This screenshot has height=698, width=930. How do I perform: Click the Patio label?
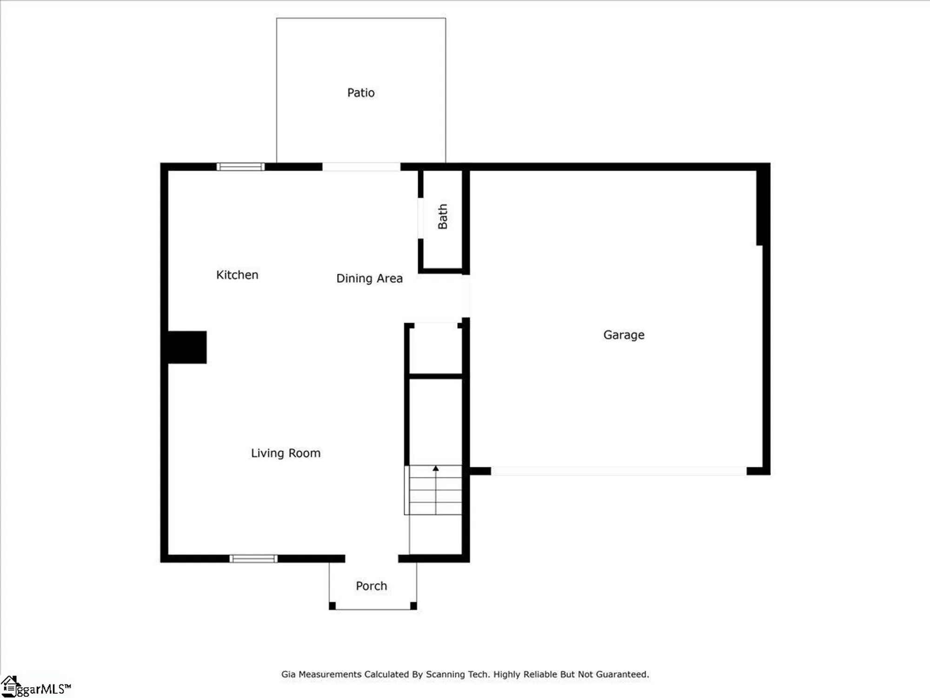click(x=361, y=93)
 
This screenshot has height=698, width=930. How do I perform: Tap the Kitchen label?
click(x=237, y=275)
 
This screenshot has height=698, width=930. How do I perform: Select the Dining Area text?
click(x=369, y=278)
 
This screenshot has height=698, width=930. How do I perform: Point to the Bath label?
click(x=443, y=216)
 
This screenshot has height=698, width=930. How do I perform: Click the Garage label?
click(x=624, y=335)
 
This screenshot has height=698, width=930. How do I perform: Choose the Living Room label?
click(x=286, y=453)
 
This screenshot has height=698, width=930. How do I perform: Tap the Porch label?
click(x=371, y=586)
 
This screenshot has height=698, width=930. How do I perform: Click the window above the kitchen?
click(x=240, y=167)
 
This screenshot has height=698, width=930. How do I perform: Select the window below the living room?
click(x=253, y=558)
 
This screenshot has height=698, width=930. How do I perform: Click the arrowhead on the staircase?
click(x=436, y=469)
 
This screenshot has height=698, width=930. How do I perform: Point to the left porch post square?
click(x=332, y=605)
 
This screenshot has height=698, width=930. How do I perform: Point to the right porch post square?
click(x=413, y=605)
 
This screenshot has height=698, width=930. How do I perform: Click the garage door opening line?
click(x=618, y=471)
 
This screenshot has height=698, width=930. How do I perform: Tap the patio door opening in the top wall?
click(x=361, y=167)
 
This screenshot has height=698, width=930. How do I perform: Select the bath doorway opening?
click(x=420, y=218)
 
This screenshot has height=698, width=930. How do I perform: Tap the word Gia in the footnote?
click(x=288, y=674)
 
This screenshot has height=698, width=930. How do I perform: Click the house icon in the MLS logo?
click(x=9, y=685)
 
